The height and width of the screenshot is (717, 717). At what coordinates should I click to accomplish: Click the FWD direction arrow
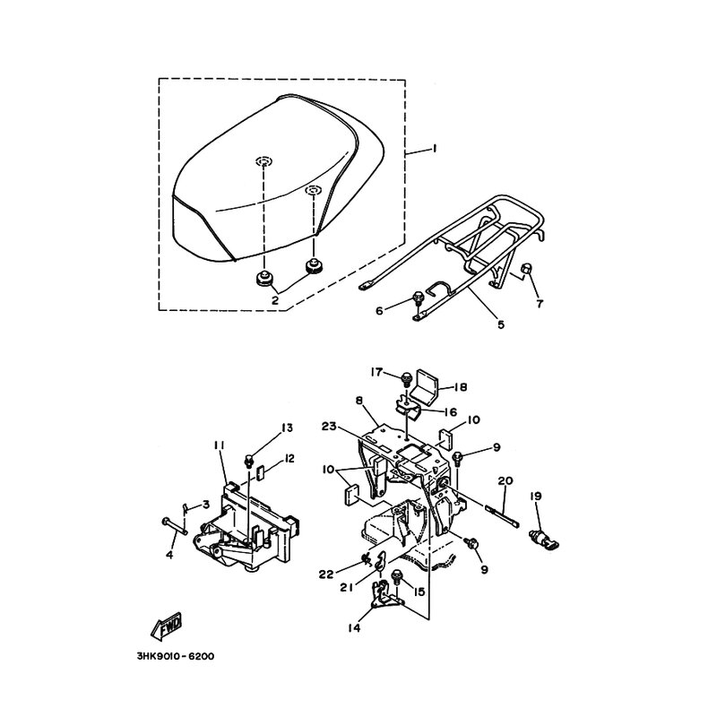(x=167, y=626)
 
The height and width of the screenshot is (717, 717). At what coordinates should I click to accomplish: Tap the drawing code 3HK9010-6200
(x=175, y=657)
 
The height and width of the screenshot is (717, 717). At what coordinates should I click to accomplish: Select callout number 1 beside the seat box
(x=435, y=149)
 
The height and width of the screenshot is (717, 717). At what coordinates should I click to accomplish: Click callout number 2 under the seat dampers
(x=275, y=300)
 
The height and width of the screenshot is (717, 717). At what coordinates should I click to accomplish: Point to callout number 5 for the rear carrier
(x=501, y=324)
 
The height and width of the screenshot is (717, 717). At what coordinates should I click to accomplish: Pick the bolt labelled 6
(x=418, y=298)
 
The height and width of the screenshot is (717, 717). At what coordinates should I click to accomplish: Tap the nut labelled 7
(x=526, y=272)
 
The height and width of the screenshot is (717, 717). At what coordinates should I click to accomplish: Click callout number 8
(x=359, y=401)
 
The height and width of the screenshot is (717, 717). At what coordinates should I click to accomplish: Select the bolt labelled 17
(x=406, y=379)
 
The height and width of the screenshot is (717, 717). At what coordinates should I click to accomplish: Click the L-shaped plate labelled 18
(x=424, y=389)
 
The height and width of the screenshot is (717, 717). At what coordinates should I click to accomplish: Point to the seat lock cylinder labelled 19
(x=544, y=538)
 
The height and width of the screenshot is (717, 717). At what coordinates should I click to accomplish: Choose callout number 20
(x=505, y=480)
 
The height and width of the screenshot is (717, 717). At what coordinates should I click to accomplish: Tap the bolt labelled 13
(x=250, y=460)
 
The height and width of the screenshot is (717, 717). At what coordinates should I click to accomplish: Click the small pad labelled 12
(x=259, y=473)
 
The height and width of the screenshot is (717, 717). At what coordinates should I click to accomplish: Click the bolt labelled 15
(x=396, y=578)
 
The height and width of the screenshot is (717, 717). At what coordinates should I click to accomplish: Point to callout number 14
(x=354, y=627)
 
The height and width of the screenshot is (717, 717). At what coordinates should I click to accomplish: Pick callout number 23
(x=329, y=427)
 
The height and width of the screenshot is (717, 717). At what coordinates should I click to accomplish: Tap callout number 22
(x=326, y=574)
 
